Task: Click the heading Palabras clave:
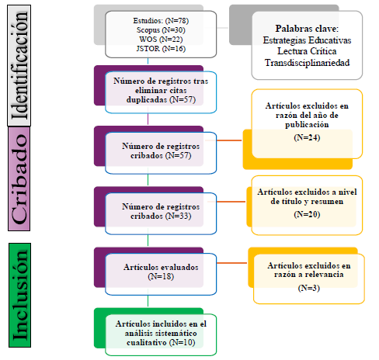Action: tap(306, 29)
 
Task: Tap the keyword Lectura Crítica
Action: tap(306, 51)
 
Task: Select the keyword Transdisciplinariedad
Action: tap(306, 62)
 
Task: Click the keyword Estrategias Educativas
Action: tap(306, 40)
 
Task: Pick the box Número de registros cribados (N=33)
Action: tap(161, 212)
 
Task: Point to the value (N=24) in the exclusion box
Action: tap(303, 137)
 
